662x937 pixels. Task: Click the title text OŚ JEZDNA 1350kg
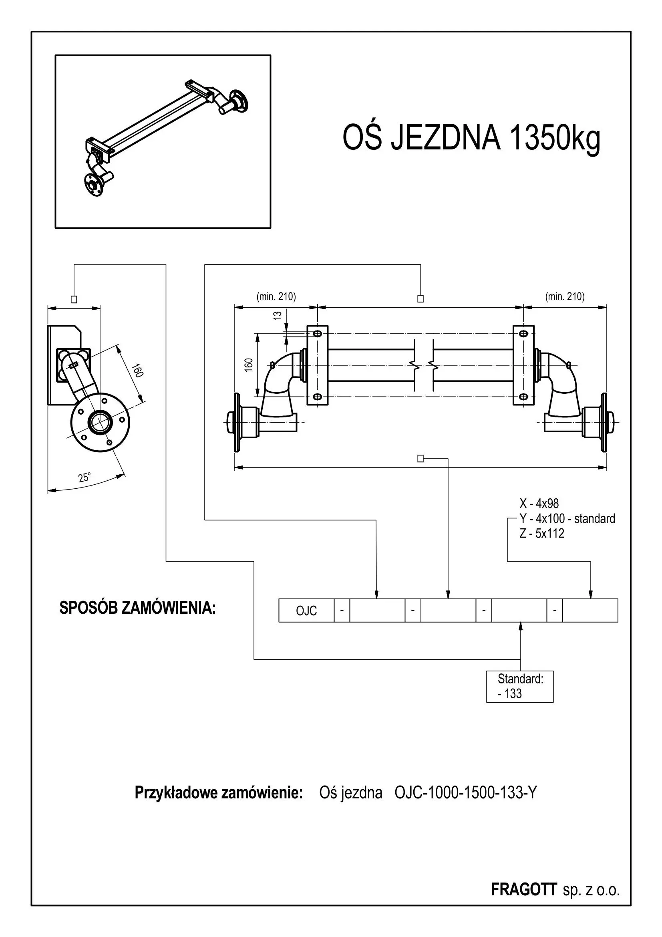[471, 138]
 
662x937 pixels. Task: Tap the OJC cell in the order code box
[306, 611]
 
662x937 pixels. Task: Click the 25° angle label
[85, 478]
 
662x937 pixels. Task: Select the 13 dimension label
[278, 315]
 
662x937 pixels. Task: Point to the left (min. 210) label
[276, 297]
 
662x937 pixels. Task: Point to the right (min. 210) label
[565, 297]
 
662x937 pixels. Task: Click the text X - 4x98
[539, 504]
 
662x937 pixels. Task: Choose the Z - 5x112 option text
[542, 533]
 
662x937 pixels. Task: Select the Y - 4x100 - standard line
[567, 519]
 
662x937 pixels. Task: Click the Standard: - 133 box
[520, 687]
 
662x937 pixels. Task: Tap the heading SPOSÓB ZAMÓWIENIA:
[137, 608]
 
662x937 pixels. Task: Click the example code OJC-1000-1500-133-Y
[466, 793]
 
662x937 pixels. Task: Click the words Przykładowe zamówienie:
[219, 793]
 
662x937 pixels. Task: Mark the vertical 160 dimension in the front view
[249, 364]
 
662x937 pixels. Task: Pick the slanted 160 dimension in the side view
[137, 372]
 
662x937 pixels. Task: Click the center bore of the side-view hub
[100, 422]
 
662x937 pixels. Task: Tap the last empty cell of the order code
[590, 611]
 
